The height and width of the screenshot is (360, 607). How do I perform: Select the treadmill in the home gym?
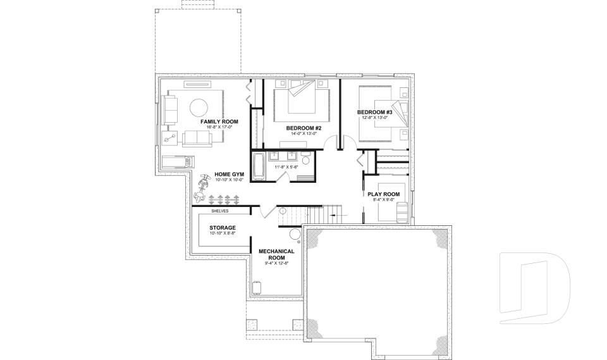(176, 162)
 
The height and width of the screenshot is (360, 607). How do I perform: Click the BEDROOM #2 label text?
(304, 128)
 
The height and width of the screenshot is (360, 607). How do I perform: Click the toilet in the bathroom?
(306, 161)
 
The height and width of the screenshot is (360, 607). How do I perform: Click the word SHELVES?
(220, 211)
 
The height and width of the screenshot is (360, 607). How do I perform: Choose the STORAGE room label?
(223, 227)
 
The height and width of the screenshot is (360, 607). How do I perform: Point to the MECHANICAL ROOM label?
(276, 254)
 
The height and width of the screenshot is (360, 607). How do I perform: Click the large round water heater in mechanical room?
(295, 235)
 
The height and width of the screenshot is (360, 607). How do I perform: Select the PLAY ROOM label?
(384, 194)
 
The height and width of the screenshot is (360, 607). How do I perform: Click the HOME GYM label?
(229, 174)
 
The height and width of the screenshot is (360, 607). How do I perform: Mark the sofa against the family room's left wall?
(170, 109)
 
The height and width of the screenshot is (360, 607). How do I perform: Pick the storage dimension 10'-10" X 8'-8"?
(223, 233)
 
